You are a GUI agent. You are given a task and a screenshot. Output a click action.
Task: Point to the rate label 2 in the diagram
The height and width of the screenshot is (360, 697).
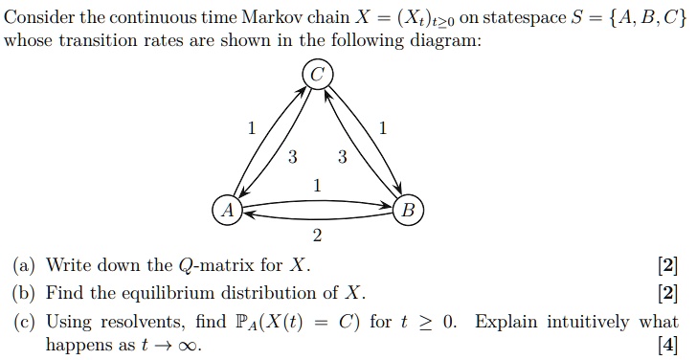(317, 236)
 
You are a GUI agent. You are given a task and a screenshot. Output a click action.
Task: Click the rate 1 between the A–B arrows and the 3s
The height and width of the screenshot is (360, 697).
(317, 185)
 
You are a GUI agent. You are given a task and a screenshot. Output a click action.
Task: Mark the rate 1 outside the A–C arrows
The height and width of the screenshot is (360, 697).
(251, 129)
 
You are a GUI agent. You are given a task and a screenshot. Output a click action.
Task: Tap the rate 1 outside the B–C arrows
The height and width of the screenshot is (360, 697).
(383, 129)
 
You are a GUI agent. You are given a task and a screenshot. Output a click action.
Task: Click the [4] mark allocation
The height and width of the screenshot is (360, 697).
(668, 345)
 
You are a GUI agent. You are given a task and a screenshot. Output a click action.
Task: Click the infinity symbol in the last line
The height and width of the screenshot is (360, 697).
(191, 346)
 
